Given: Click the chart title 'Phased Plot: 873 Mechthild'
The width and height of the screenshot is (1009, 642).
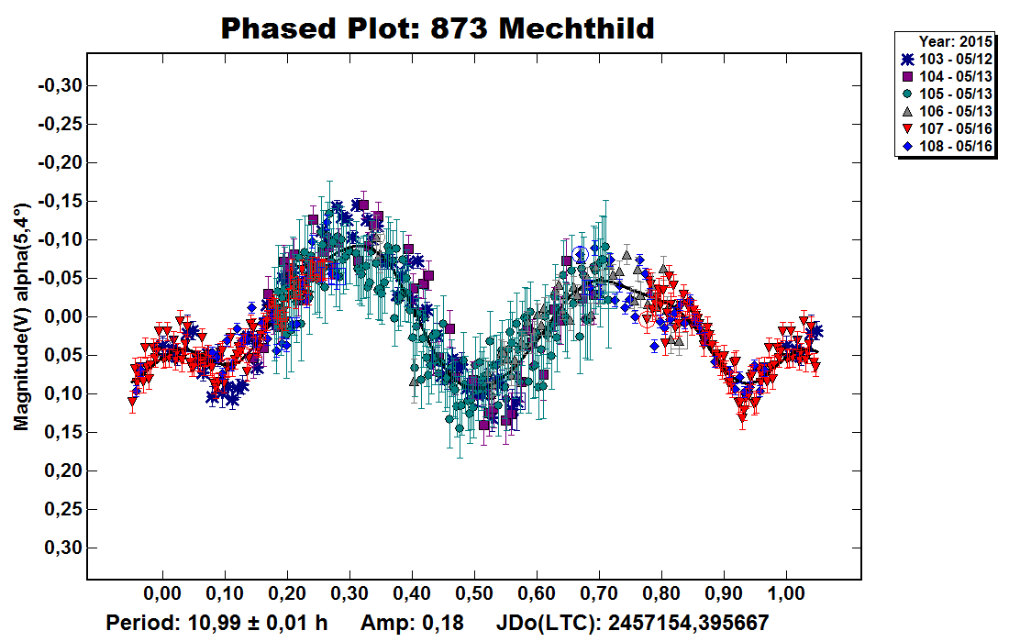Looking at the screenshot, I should pyautogui.click(x=438, y=28).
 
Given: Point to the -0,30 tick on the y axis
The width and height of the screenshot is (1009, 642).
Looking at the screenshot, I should pyautogui.click(x=59, y=85).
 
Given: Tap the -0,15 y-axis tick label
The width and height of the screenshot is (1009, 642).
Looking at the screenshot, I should pyautogui.click(x=59, y=201).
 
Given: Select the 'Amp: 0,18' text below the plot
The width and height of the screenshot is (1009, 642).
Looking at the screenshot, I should pyautogui.click(x=412, y=623).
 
